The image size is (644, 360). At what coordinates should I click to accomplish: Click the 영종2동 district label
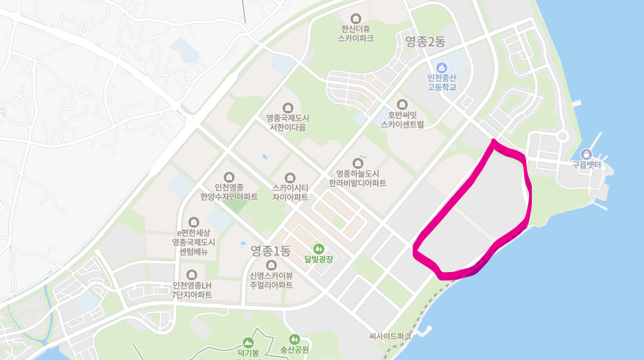pyautogui.click(x=425, y=42)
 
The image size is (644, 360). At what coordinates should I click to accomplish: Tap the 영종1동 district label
pyautogui.click(x=270, y=250)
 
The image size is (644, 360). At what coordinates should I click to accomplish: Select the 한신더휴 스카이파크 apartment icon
pyautogui.click(x=356, y=18)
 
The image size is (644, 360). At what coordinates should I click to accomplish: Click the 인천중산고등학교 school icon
pyautogui.click(x=442, y=67)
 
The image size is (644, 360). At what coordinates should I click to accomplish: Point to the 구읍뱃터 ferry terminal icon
pyautogui.click(x=587, y=154)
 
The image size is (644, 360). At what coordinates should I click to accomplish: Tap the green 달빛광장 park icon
pyautogui.click(x=319, y=248)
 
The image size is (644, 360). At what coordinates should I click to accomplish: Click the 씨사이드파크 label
pyautogui.click(x=390, y=336)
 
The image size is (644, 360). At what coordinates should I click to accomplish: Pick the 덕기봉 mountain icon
pyautogui.click(x=248, y=343)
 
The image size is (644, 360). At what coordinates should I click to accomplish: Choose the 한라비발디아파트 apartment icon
pyautogui.click(x=357, y=162)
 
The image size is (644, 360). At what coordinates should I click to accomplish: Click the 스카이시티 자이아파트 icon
pyautogui.click(x=289, y=177)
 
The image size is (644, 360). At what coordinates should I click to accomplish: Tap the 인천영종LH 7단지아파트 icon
pyautogui.click(x=191, y=275)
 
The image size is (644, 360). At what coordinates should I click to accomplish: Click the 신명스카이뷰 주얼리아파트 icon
pyautogui.click(x=271, y=264)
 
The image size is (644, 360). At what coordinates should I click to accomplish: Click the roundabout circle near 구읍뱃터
pyautogui.click(x=562, y=136)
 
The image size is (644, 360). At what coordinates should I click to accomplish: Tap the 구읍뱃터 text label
pyautogui.click(x=587, y=166)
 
